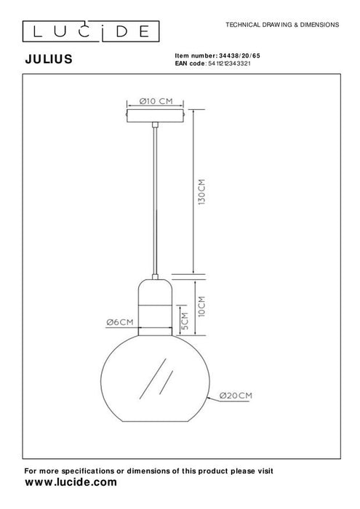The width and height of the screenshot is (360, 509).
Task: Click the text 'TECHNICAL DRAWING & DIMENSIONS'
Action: (283, 24)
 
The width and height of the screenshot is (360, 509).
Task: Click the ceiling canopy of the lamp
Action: (159, 116)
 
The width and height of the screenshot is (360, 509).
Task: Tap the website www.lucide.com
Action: (71, 482)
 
